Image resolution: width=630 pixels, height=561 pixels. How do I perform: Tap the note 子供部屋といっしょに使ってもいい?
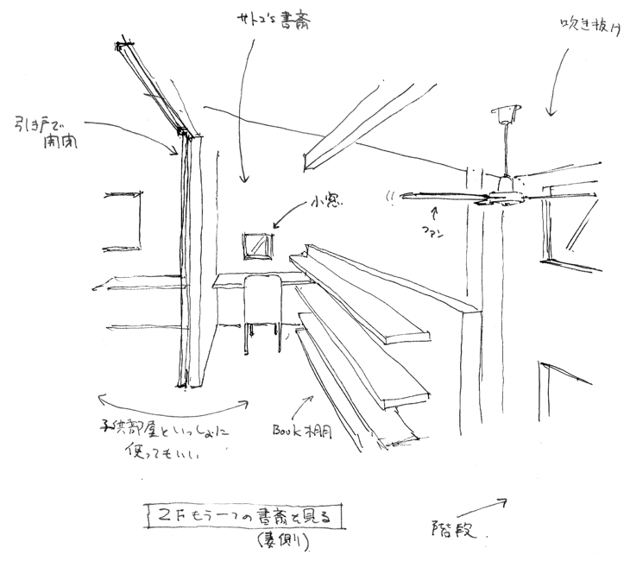165,439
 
